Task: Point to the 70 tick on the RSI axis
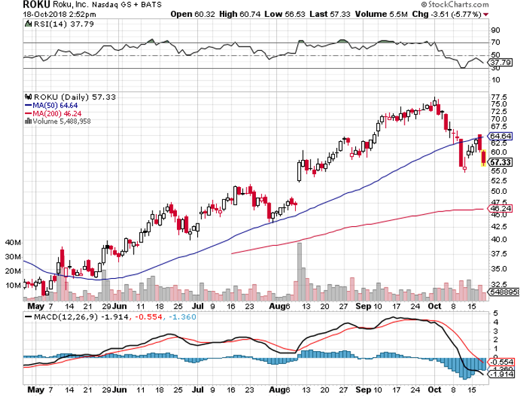[495, 43]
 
